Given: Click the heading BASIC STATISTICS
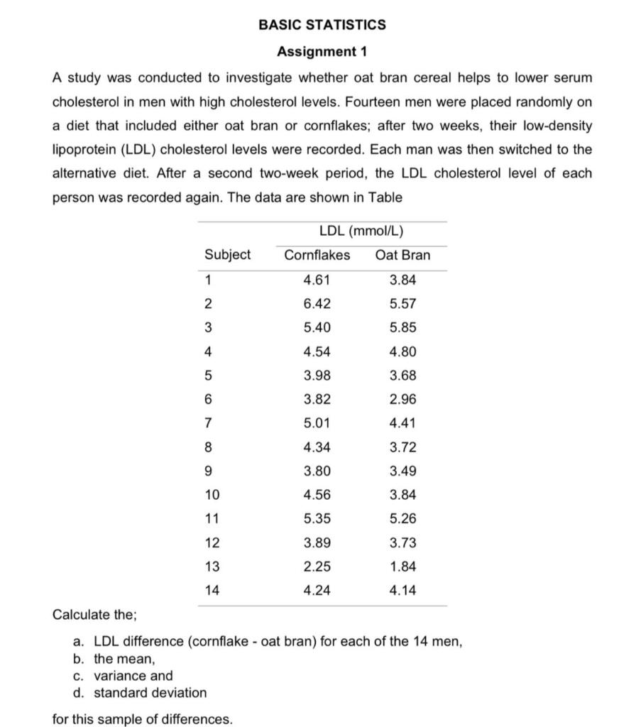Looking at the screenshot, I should click(x=322, y=25).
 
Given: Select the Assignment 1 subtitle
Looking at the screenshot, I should click(x=322, y=52).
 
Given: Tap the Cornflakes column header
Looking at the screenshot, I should click(x=317, y=255).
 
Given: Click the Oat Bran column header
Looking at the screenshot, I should click(x=402, y=255).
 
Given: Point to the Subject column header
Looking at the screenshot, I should click(x=227, y=255).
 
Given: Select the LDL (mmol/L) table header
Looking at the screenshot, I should click(x=361, y=231).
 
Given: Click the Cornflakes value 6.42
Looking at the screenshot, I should click(x=317, y=304).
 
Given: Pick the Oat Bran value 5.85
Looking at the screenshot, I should click(x=403, y=328).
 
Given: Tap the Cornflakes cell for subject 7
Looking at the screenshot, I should click(x=317, y=424).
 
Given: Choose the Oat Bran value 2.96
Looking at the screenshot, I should click(x=403, y=400).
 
